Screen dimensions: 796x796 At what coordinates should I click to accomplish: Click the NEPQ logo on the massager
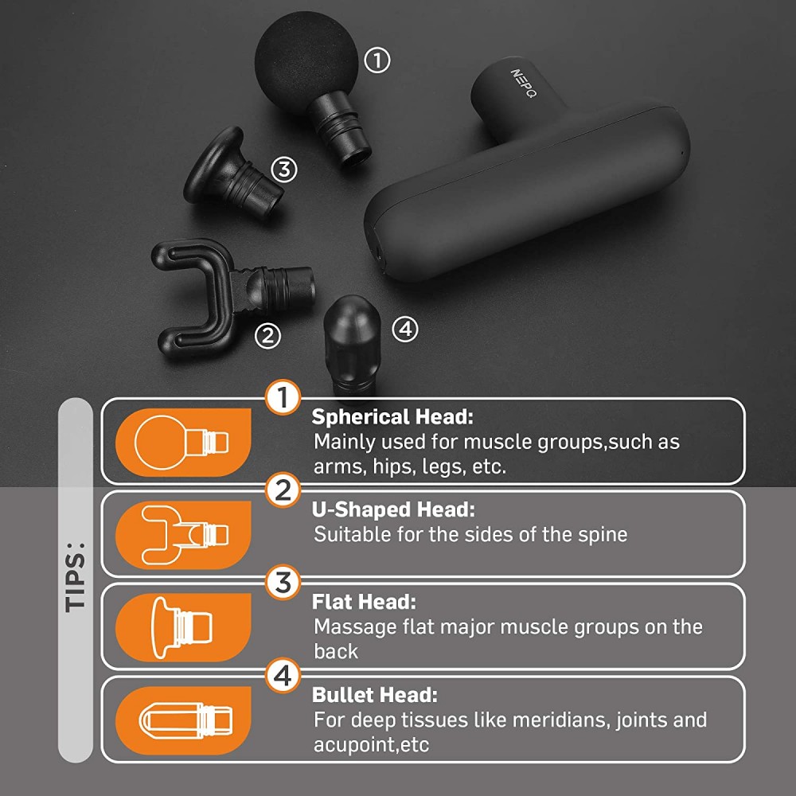tap(523, 84)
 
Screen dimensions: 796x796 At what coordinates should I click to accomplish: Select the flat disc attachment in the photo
tap(232, 174)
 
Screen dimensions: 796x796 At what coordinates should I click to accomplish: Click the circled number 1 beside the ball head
tap(377, 60)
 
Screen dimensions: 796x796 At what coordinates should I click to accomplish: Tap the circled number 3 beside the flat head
tap(284, 169)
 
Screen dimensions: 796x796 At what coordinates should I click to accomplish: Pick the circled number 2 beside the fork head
tap(267, 336)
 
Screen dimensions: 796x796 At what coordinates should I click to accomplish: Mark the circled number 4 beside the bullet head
tap(405, 330)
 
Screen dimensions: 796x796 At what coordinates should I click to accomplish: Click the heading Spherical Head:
tap(392, 417)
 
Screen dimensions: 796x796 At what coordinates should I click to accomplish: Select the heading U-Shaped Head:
tap(393, 509)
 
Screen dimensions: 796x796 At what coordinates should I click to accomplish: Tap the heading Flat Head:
tap(364, 602)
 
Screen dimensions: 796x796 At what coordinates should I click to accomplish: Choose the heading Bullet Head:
tap(375, 694)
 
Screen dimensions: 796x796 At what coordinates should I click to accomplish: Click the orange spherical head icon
tap(183, 442)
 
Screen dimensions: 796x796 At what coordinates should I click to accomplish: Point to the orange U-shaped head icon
tap(183, 535)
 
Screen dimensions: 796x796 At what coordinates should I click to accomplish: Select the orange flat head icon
tap(183, 627)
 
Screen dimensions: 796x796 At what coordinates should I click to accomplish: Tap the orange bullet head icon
tap(183, 720)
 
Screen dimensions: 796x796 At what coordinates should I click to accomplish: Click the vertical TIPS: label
tap(75, 578)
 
